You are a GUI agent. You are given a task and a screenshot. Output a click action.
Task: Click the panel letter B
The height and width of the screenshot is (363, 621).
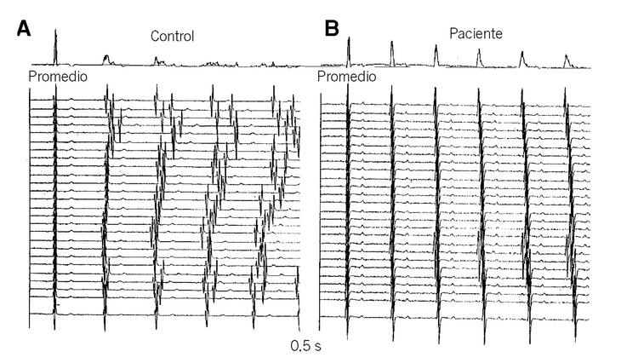332,27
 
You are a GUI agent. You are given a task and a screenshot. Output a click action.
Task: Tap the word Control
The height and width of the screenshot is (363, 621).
173,37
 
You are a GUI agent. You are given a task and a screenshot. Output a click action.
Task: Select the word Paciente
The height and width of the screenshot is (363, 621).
476,34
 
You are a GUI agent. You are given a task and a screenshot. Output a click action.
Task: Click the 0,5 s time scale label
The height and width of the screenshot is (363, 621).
306,346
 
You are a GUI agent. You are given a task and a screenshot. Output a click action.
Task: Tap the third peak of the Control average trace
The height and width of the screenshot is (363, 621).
157,60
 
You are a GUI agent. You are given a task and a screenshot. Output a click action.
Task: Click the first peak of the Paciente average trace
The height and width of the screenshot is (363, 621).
348,43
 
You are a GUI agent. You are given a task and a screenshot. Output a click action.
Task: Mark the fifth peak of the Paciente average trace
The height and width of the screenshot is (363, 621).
522,55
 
